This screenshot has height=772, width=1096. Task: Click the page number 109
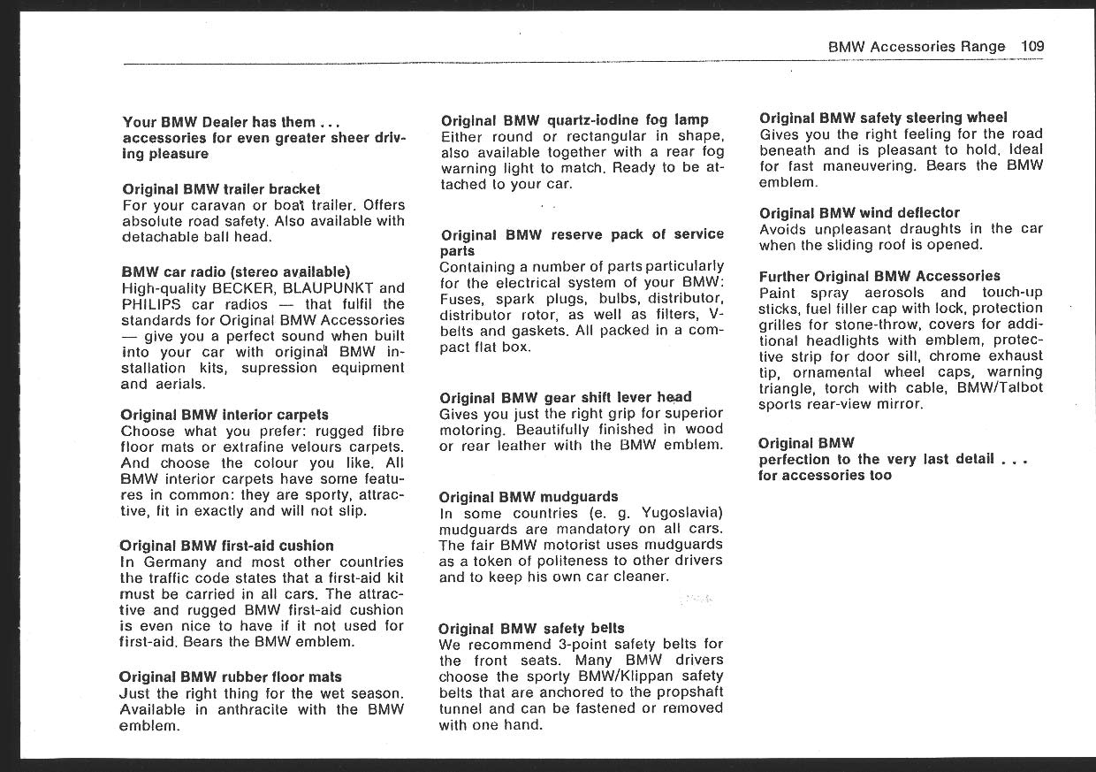point(1031,47)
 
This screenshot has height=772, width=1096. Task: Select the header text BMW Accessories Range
point(917,47)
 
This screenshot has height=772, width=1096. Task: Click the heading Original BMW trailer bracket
point(221,189)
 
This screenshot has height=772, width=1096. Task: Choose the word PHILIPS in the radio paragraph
point(151,304)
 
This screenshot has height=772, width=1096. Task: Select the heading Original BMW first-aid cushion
point(226,546)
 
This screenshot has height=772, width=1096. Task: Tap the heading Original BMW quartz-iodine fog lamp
point(575,120)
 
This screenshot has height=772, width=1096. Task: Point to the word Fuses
point(462,299)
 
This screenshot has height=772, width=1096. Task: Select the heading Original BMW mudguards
point(529,497)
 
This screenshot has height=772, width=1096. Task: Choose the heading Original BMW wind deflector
point(859,213)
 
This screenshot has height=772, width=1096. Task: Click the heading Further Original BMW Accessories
point(879,277)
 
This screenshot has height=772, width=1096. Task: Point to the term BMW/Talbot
point(1000,388)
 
